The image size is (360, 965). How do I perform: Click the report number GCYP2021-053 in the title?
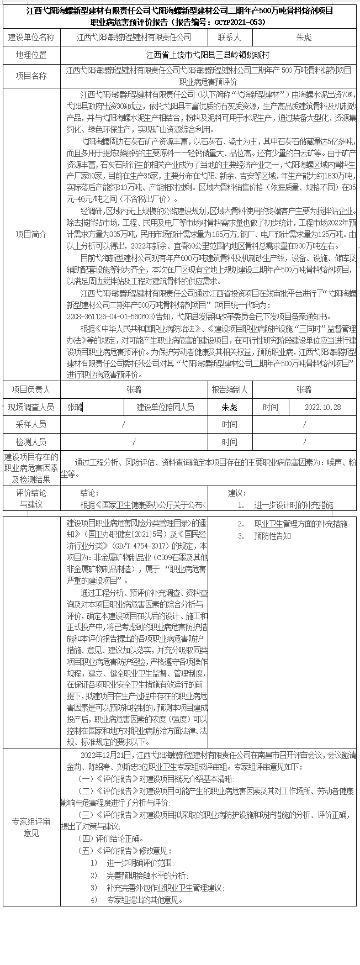(243, 23)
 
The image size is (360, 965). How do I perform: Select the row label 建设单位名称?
(31, 38)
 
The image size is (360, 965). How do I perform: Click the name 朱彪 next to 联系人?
(304, 38)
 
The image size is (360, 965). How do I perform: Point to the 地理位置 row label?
(31, 56)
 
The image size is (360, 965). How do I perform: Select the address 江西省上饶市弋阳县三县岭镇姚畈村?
(208, 56)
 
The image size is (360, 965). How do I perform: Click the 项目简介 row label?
(31, 234)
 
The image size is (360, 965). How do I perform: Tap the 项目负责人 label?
(31, 389)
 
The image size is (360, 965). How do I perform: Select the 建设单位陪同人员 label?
(166, 407)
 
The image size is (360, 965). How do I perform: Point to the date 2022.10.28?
(322, 407)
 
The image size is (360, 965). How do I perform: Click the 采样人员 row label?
(31, 424)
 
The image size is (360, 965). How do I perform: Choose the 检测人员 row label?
(31, 442)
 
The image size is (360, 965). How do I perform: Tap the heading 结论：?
(89, 493)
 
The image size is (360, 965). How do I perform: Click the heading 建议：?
(237, 493)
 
